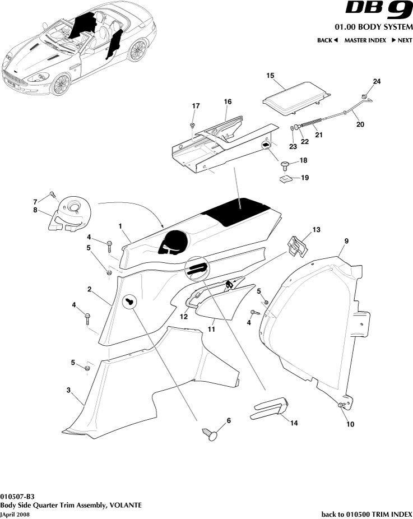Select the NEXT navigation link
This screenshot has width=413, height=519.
click(x=402, y=40)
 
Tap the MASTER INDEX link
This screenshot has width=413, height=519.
click(x=364, y=40)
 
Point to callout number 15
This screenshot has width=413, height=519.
click(x=270, y=75)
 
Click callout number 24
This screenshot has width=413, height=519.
click(x=377, y=81)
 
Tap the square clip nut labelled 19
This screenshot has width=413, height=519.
click(x=286, y=179)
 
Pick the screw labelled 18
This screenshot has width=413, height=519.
click(x=286, y=164)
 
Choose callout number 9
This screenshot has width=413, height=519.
click(x=346, y=241)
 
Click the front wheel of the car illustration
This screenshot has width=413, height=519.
click(x=60, y=84)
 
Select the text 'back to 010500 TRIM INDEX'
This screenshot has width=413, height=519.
click(x=366, y=514)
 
